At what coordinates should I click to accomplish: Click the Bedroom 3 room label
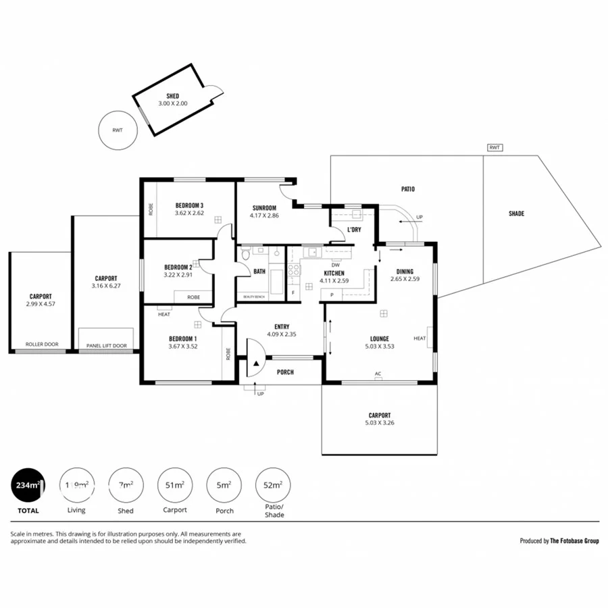[x=189, y=205]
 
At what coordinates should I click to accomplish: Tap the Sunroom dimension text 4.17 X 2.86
[x=265, y=216]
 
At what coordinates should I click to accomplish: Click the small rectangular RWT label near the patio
[x=495, y=147]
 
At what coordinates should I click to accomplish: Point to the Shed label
[x=172, y=96]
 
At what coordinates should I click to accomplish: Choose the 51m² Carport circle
[x=175, y=485]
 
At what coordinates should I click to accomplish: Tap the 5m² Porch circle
[x=224, y=485]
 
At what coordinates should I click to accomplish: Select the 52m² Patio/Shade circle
[x=274, y=485]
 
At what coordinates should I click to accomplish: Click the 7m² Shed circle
[x=126, y=485]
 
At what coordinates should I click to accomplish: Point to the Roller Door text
[x=42, y=345]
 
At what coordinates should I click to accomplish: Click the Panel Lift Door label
[x=106, y=346]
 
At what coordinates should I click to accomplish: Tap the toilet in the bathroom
[x=245, y=255]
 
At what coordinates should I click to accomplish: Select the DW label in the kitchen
[x=335, y=265]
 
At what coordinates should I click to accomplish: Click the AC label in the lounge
[x=378, y=373]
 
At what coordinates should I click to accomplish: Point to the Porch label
[x=285, y=372]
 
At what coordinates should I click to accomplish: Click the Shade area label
[x=516, y=213]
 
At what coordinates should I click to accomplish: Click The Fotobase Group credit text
[x=574, y=540]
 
